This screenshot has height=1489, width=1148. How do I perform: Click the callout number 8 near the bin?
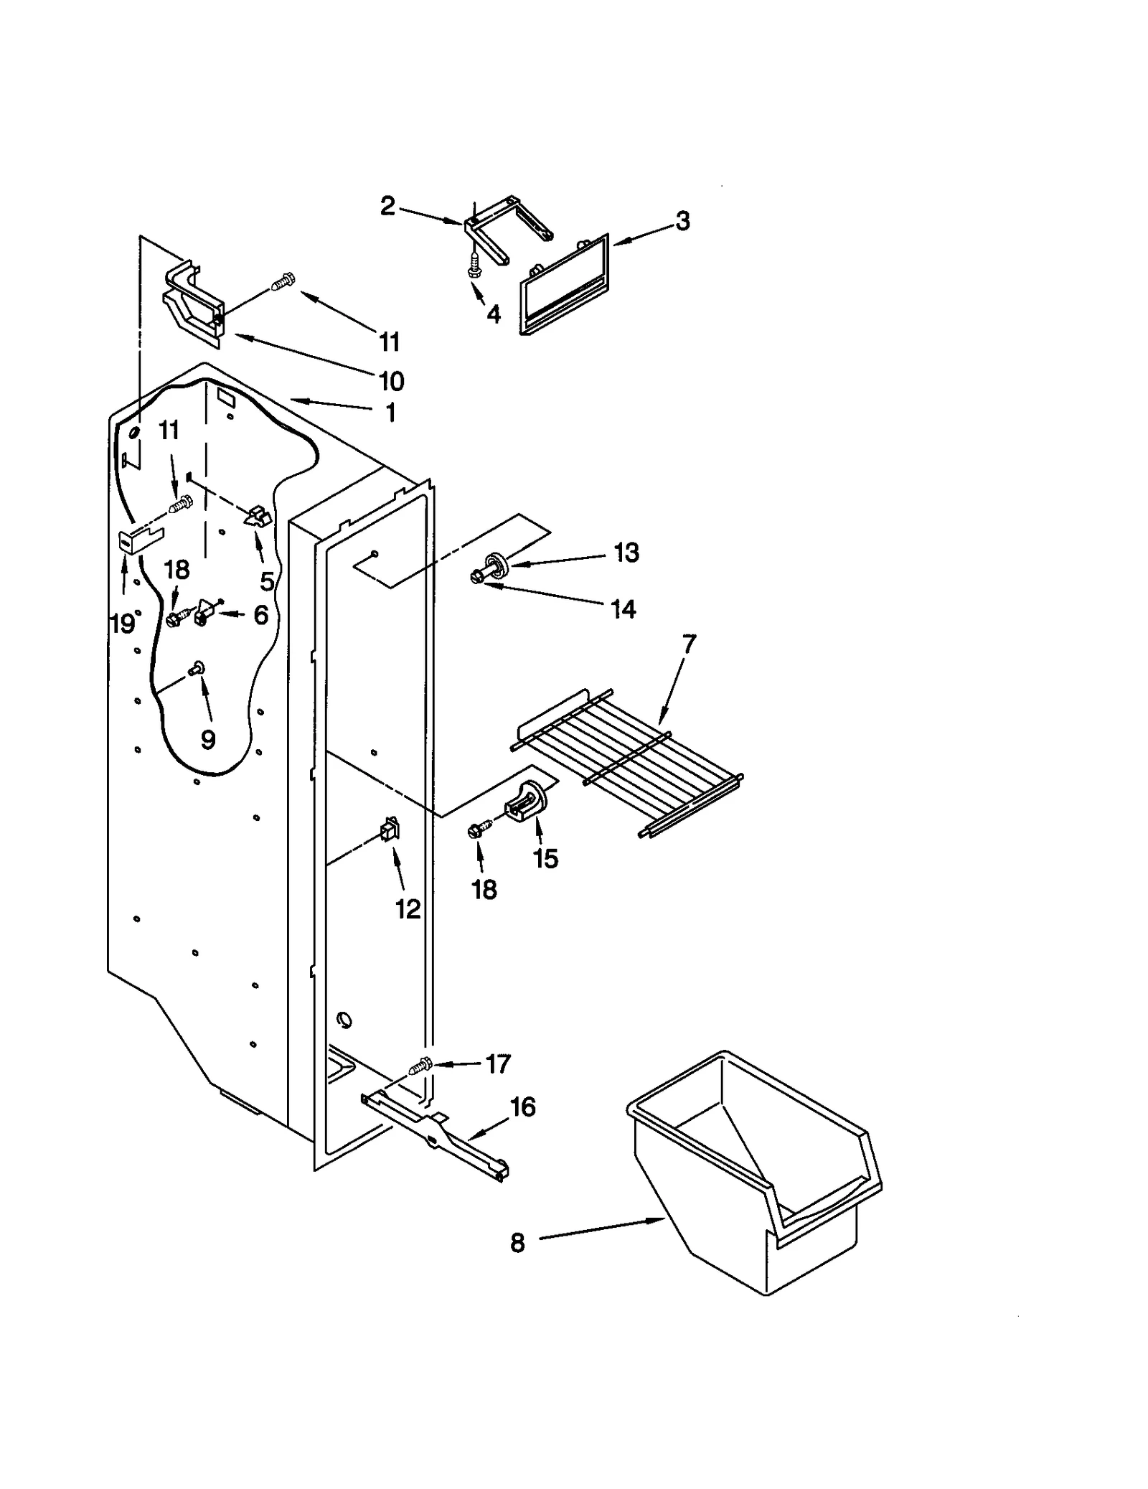tap(517, 1243)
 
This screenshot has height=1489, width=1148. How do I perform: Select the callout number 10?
tap(392, 380)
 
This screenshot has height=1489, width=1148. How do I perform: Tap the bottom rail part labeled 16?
tap(438, 1134)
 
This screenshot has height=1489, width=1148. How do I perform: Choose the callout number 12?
tap(408, 909)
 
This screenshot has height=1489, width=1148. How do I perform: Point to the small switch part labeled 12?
tap(390, 831)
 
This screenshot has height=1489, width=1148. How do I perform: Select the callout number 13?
tap(626, 553)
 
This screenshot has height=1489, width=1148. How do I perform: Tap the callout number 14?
tap(623, 609)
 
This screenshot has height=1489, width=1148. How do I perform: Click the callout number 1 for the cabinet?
tap(390, 413)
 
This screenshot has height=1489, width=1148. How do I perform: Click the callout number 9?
tap(208, 739)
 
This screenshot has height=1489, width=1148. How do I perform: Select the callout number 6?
tap(260, 614)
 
